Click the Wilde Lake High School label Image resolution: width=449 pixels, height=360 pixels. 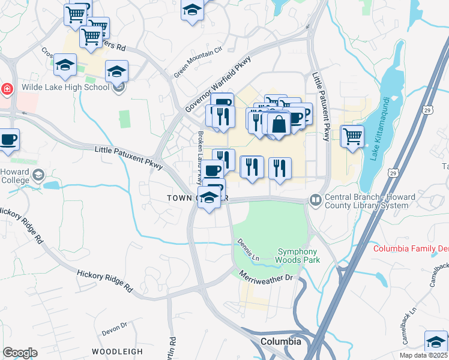tap(65, 87)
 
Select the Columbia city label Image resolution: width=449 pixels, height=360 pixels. tap(280, 341)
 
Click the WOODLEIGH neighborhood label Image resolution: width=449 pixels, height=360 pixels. tap(117, 351)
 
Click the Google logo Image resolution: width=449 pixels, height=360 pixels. tap(20, 353)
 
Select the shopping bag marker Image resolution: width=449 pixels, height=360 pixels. tap(279, 124)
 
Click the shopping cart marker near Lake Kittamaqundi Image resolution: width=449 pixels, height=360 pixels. tap(352, 136)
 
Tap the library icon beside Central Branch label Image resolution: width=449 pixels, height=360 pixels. tap(315, 199)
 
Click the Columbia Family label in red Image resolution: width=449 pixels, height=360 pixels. tap(411, 248)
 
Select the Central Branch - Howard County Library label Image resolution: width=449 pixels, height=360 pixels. tap(366, 201)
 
